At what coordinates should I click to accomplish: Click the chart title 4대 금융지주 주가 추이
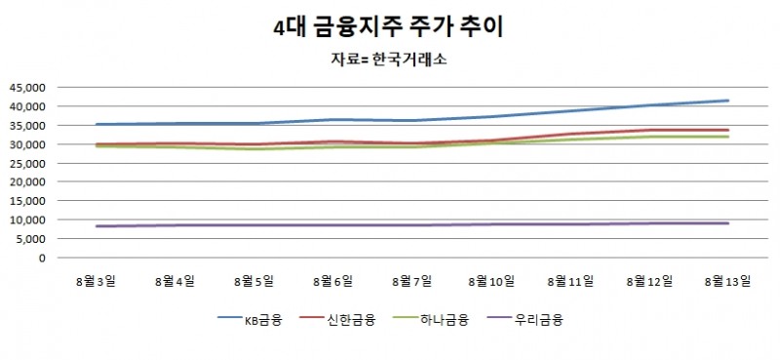pyautogui.click(x=389, y=26)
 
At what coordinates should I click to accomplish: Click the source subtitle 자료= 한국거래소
pyautogui.click(x=389, y=60)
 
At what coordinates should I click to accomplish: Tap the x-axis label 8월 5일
pyautogui.click(x=254, y=281)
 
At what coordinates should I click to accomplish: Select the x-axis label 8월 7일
pyautogui.click(x=413, y=281)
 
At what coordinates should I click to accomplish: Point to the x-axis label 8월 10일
pyautogui.click(x=492, y=281)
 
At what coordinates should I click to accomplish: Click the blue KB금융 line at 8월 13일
pyautogui.click(x=729, y=100)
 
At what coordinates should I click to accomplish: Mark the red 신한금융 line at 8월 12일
pyautogui.click(x=650, y=130)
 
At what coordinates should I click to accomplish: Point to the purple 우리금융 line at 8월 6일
pyautogui.click(x=333, y=225)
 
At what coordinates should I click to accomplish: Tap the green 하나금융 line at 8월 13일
pyautogui.click(x=729, y=137)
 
